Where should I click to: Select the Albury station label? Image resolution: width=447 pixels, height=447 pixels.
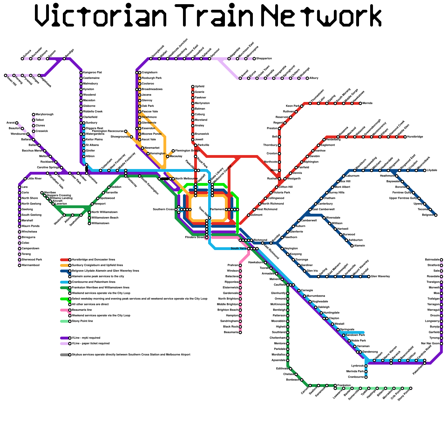click(x=314, y=78)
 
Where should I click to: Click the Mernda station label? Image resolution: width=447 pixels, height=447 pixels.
click(x=367, y=103)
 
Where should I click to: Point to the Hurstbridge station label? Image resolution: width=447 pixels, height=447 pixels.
click(x=415, y=137)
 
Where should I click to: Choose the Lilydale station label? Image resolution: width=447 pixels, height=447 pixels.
click(x=432, y=170)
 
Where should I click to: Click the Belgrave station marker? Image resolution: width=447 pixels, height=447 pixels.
click(x=436, y=215)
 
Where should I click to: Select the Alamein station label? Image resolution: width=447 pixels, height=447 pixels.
click(x=360, y=246)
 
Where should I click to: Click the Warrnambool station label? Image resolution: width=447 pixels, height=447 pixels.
click(x=30, y=265)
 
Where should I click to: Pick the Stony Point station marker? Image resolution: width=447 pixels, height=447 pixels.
click(x=411, y=388)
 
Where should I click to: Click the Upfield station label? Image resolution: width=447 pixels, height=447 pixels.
click(x=199, y=87)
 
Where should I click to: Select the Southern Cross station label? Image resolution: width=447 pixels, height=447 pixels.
click(x=163, y=209)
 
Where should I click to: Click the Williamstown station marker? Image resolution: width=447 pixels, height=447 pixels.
click(x=89, y=223)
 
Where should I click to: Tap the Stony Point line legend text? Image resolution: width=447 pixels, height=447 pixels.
click(x=82, y=321)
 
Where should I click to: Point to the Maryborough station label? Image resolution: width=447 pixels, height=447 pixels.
click(x=44, y=115)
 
